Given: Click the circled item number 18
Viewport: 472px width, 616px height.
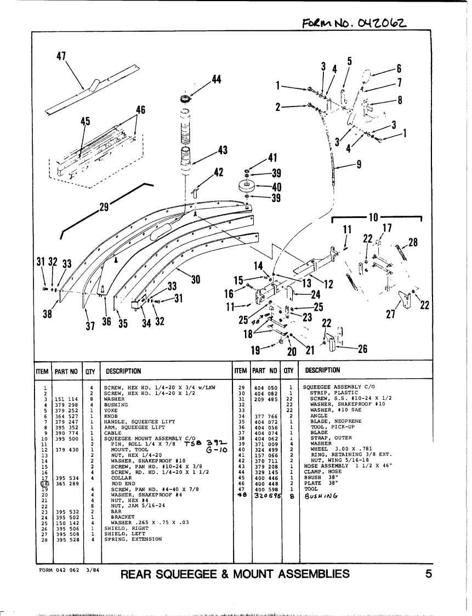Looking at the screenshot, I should pos(43,483).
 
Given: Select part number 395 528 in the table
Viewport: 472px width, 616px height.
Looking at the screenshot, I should pos(67,539).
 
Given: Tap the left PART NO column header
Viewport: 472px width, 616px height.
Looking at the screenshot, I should pos(67,371).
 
